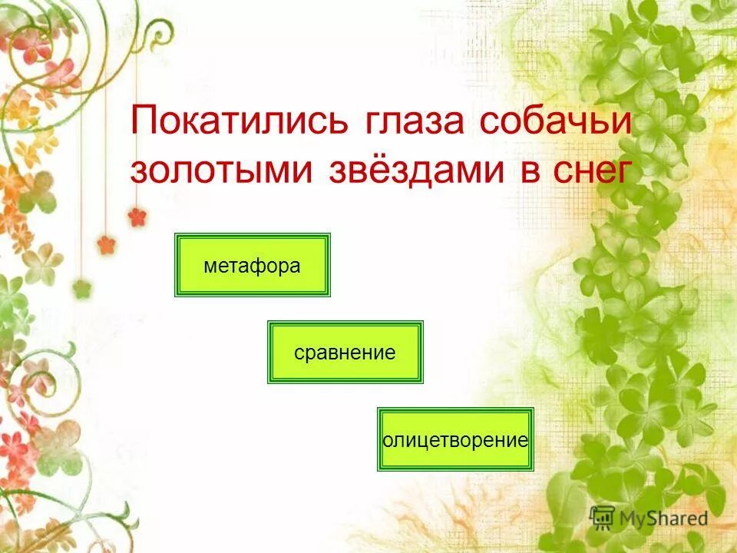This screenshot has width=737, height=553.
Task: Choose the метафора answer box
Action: [253, 265]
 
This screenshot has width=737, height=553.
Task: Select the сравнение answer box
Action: [345, 353]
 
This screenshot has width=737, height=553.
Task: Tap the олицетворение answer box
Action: [454, 439]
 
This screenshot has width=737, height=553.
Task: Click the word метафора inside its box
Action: [253, 266]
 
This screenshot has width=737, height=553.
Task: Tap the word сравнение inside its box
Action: [345, 353]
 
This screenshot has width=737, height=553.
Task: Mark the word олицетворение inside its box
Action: [455, 440]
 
